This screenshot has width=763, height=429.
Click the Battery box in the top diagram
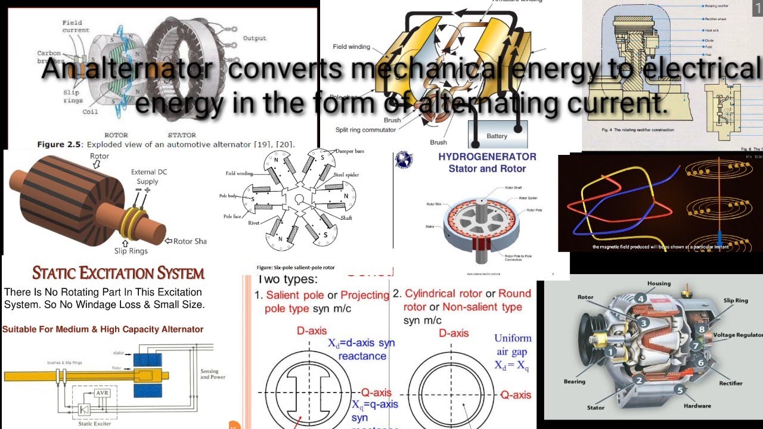[497, 136]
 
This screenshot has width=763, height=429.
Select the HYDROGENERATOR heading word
[487, 157]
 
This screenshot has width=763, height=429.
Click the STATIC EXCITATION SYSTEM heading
[118, 273]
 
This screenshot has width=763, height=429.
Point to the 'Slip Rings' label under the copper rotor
[130, 251]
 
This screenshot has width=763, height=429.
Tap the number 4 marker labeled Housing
[640, 299]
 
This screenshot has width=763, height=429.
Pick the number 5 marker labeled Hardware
[680, 390]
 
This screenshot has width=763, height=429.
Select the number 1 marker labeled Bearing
[610, 352]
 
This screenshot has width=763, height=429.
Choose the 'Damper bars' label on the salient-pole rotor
[350, 151]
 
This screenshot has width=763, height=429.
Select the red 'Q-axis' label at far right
[515, 394]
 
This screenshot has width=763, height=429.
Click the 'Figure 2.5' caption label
[59, 144]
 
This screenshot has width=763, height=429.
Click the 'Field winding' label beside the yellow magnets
[351, 46]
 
